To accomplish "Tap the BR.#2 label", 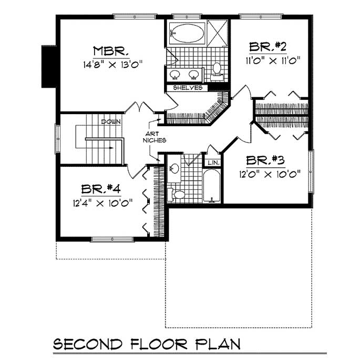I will point(268,47).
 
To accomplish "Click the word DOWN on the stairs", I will point(111,122).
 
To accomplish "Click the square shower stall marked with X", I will point(216,33).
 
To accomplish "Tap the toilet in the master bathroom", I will point(217,69).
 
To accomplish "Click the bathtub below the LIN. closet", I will point(212,186).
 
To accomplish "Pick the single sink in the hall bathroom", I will point(174,168).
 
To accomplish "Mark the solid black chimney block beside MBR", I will point(49,66).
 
